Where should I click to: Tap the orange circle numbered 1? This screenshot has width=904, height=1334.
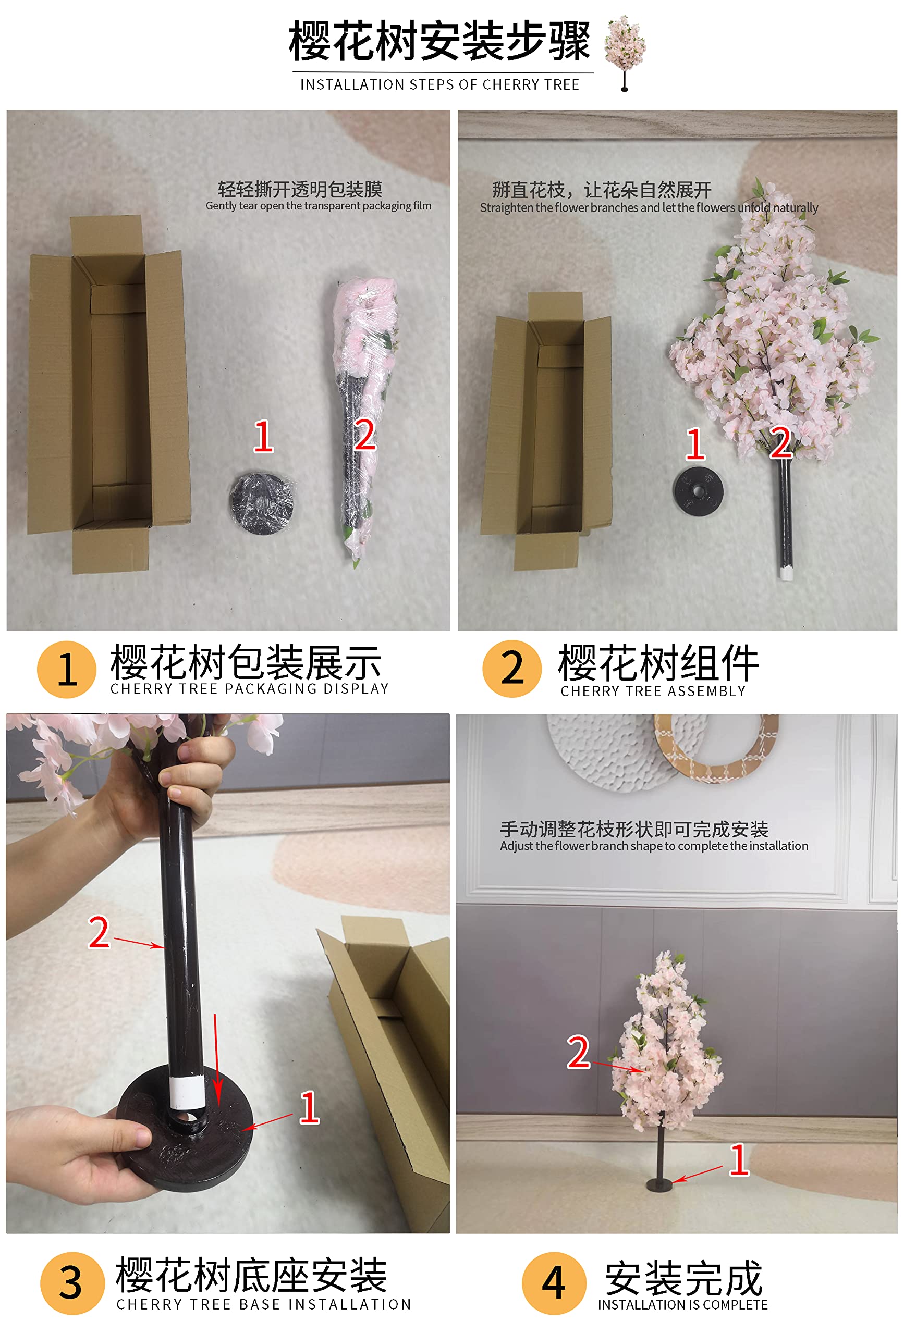tap(66, 669)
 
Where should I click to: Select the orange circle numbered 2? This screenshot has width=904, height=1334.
tap(512, 669)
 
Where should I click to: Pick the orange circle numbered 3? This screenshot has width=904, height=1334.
tap(71, 1283)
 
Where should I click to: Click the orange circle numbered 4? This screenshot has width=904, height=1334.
tap(554, 1283)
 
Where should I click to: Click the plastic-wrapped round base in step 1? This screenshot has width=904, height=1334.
tap(262, 503)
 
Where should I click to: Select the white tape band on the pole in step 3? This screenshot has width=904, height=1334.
tap(187, 1092)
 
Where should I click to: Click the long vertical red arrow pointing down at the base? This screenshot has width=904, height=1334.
tap(216, 1062)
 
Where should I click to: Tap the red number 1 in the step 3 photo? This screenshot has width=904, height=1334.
tap(309, 1108)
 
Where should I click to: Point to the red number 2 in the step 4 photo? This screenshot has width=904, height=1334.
tap(578, 1053)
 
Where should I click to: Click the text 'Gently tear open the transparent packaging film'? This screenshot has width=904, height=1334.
tap(318, 205)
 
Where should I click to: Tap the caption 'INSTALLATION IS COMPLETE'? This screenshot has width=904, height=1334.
tap(682, 1305)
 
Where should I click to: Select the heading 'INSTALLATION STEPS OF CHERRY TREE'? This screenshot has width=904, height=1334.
tap(439, 85)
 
